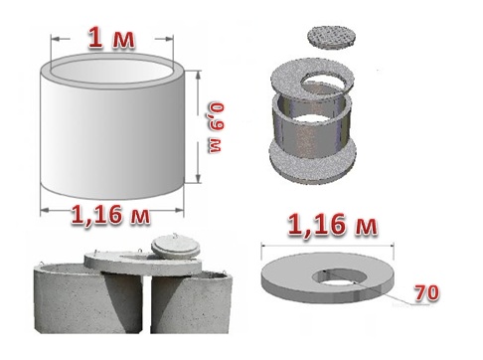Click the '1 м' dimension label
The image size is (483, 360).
pos(111,39)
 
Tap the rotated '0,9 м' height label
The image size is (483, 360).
pos(217,128)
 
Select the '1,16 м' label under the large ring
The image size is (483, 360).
pos(111,215)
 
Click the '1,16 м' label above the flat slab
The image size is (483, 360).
pos(333,225)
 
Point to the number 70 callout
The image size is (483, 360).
pos(427,292)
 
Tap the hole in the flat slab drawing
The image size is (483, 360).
pos(340,276)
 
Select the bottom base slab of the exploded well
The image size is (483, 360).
pos(313,159)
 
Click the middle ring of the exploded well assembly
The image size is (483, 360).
pos(310,127)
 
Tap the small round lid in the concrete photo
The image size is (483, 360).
pos(176,246)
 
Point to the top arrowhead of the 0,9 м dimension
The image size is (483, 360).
pos(198,76)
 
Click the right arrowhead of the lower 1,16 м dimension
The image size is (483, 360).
pos(179,210)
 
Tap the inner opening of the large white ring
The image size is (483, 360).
pos(113,72)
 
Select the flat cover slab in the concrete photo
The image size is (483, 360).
pos(142,262)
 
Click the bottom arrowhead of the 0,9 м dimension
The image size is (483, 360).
pos(198,178)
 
